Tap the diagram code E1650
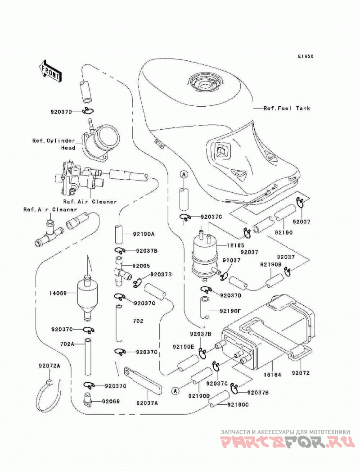(306, 56)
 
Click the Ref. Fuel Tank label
(287, 108)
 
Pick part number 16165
(235, 245)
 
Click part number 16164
(272, 375)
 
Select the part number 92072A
(49, 366)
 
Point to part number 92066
(111, 401)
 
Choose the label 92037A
(147, 403)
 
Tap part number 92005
(141, 266)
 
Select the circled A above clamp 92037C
(184, 174)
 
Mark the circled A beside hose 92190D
(175, 390)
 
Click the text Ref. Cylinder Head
(54, 144)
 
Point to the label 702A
(67, 344)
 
